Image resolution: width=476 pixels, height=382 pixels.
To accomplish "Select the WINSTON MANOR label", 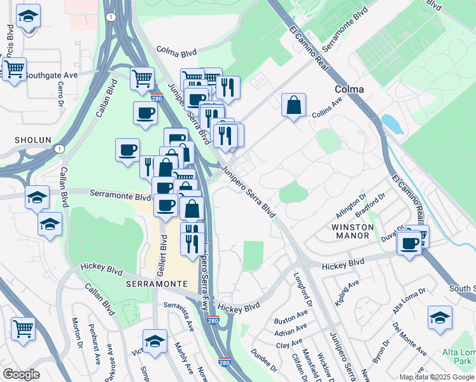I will pos(351,230).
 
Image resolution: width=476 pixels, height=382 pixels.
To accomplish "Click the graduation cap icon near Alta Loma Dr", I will pos(440,318).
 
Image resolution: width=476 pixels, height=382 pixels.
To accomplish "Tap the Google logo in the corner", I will pos(21,374).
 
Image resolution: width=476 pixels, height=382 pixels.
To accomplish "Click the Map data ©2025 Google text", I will pos(437,377).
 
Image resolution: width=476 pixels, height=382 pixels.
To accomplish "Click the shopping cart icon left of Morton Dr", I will pos(23,329).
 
